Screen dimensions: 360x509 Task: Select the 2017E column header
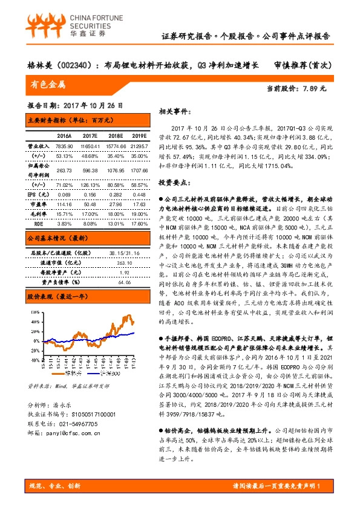[x=89, y=136]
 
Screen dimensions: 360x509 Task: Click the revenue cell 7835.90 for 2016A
[x=64, y=146]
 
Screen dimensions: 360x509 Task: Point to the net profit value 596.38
[x=89, y=170]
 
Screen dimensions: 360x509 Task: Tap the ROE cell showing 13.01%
[x=115, y=223]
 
